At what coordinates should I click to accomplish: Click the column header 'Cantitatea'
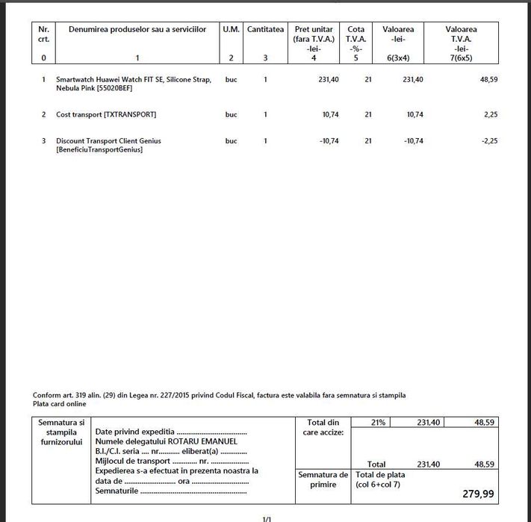coord(265,29)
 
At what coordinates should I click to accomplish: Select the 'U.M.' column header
coord(231,29)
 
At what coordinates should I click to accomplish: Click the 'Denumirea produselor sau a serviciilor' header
coord(137,29)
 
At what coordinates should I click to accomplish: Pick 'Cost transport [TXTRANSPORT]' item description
coord(106,115)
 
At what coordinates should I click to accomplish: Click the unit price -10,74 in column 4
coord(327,141)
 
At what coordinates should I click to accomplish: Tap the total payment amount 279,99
coord(476,495)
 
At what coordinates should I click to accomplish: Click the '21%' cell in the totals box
coord(378,423)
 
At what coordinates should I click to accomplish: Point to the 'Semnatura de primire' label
coord(323,479)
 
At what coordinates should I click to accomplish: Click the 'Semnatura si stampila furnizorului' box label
coord(61,432)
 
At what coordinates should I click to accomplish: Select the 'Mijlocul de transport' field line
coord(172,461)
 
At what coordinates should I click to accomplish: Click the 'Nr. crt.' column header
coord(43,34)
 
